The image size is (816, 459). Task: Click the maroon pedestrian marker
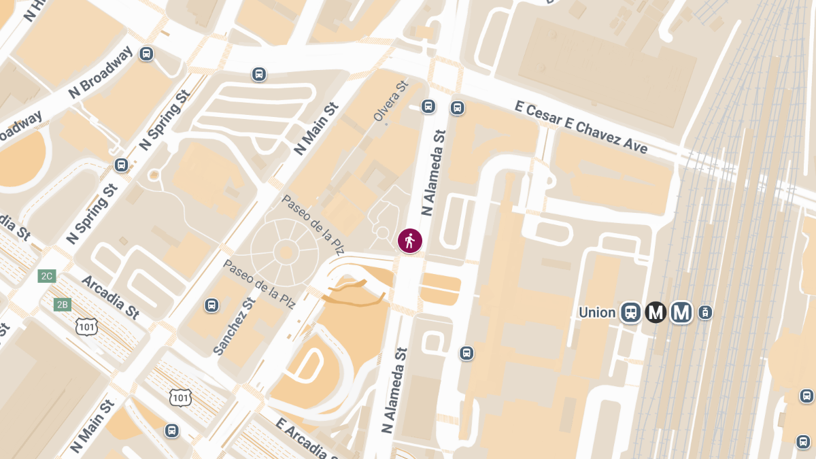click(x=410, y=241)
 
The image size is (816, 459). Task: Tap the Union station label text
click(x=597, y=313)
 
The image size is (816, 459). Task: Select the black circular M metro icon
click(x=656, y=312)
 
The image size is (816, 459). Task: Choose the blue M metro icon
click(x=681, y=312)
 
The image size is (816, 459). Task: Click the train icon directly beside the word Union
click(x=631, y=312)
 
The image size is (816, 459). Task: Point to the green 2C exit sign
click(x=47, y=276)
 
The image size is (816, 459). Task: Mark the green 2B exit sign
click(x=62, y=304)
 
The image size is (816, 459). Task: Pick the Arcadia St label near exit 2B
click(x=110, y=297)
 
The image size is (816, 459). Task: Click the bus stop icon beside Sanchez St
click(x=211, y=305)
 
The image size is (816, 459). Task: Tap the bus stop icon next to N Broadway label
click(x=146, y=54)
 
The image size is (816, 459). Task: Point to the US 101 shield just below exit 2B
click(x=86, y=327)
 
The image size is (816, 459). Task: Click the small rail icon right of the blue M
click(x=705, y=313)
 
